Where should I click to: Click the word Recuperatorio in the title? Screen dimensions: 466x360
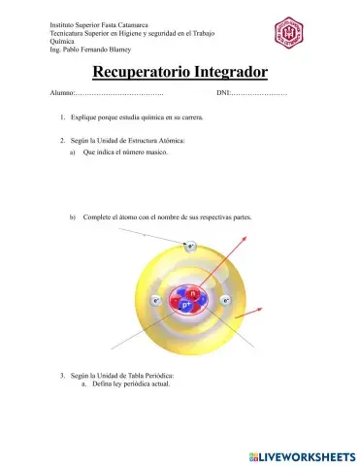point(144,74)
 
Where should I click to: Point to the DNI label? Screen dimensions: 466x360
point(225,93)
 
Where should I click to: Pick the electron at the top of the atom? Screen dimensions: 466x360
point(191,247)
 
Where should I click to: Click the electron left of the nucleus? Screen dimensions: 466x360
point(156,302)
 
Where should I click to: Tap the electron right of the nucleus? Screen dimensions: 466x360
point(226,302)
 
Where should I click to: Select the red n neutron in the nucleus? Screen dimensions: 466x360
point(193,293)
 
